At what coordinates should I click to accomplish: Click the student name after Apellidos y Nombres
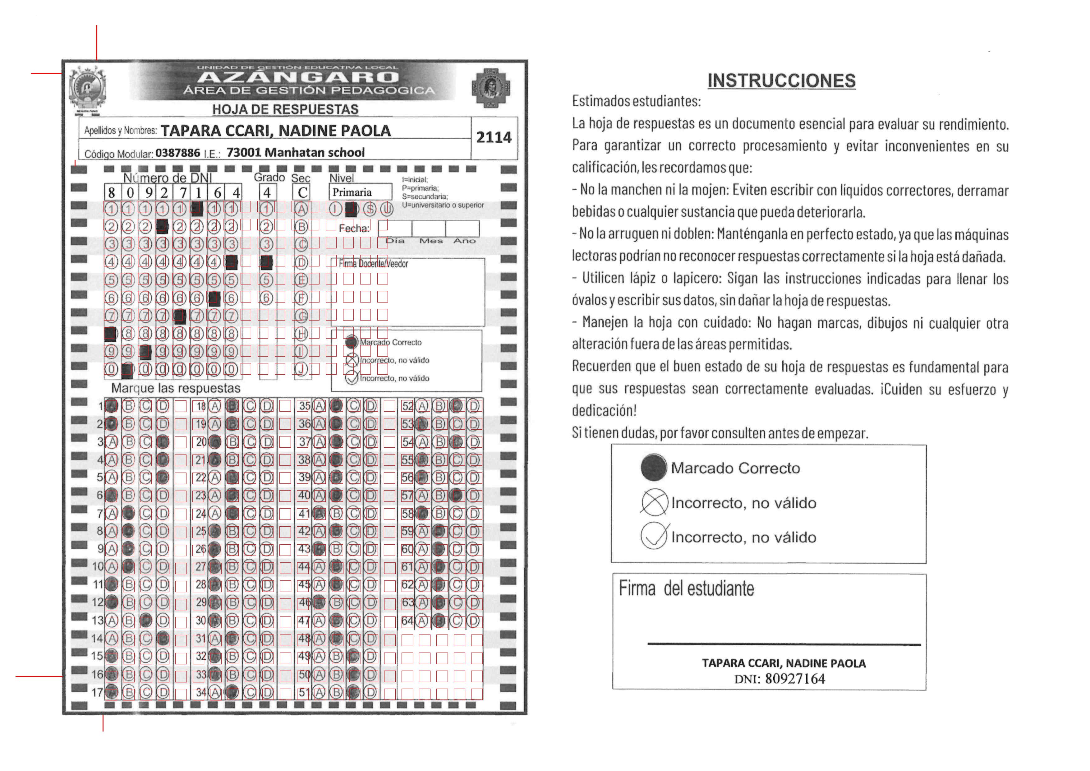tap(275, 131)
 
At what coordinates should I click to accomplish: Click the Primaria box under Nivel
tap(360, 192)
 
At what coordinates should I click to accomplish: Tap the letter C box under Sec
tap(302, 192)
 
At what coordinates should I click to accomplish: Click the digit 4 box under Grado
tap(267, 192)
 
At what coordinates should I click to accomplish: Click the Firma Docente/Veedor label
tap(373, 264)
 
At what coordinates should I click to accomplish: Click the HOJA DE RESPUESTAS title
tap(285, 109)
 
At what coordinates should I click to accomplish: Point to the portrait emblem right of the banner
tap(490, 88)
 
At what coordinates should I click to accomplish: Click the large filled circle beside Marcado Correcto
tap(654, 467)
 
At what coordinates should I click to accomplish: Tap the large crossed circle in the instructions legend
tap(654, 502)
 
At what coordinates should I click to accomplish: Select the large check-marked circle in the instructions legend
tap(654, 537)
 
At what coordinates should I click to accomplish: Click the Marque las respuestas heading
tap(176, 388)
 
